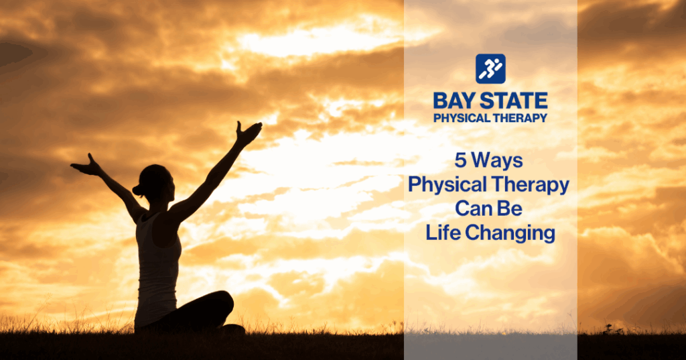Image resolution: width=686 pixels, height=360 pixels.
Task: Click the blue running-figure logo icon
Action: point(490,68)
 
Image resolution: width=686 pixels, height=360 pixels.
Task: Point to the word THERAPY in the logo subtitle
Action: point(521,118)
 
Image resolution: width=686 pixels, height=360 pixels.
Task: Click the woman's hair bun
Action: point(137,190)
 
